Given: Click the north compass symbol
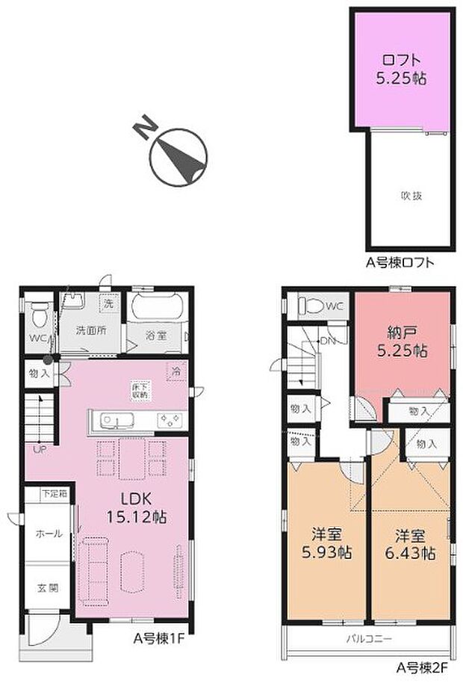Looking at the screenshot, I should (178, 155).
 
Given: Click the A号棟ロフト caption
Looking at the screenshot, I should (400, 262).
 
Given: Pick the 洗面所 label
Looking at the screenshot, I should (91, 330).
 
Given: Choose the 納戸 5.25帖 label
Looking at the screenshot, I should (403, 342).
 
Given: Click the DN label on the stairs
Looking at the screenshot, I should (327, 341).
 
